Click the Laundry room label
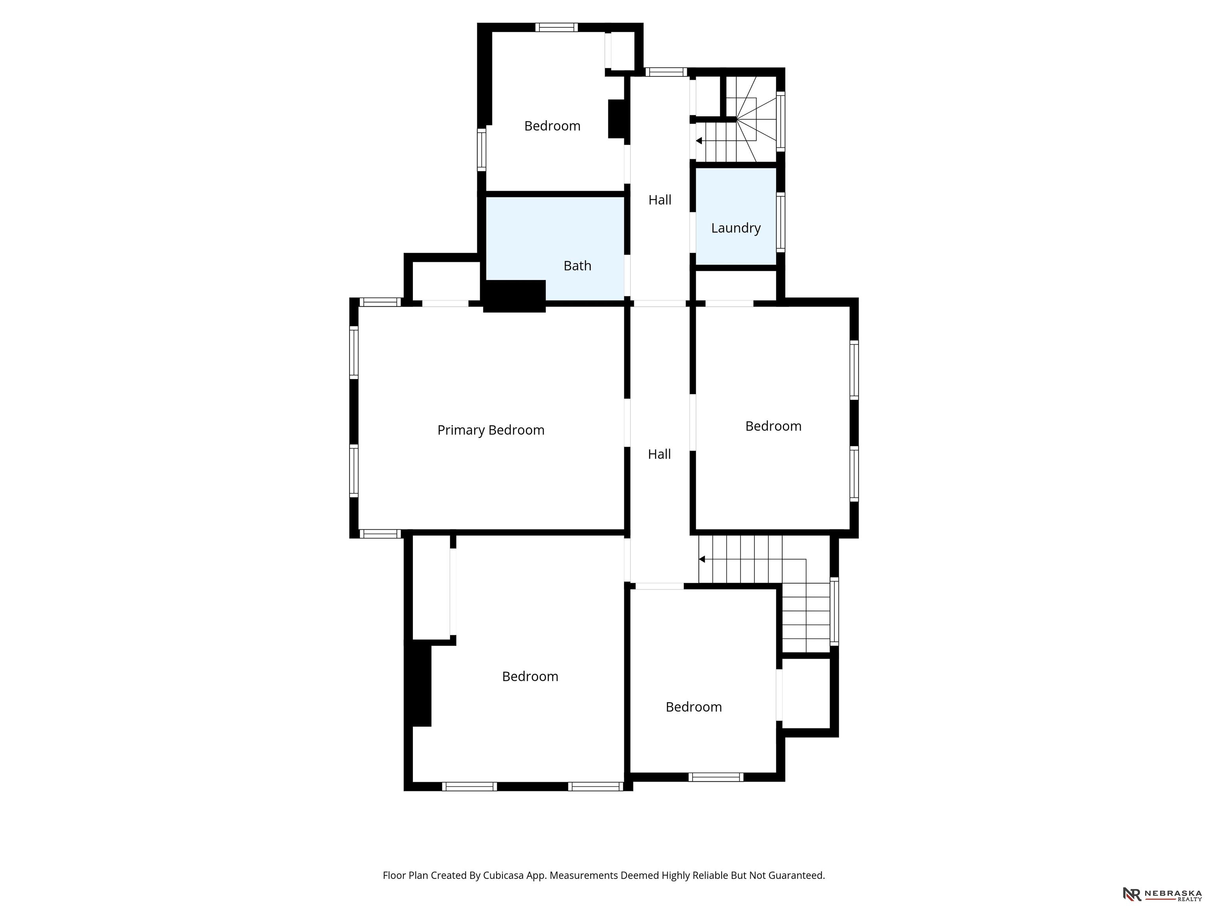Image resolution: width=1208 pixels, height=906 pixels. pos(736,228)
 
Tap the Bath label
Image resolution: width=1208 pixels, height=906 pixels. pos(577,266)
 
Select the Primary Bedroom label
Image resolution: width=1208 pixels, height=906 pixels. pos(491,430)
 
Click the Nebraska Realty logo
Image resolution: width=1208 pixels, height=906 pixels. pos(1162,894)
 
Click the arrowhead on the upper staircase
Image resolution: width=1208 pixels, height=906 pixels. pos(698,141)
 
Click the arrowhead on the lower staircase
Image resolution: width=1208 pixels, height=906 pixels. pos(702,559)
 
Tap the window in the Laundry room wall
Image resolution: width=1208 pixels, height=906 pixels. pos(781,222)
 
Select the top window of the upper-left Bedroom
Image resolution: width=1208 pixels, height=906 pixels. pos(556,27)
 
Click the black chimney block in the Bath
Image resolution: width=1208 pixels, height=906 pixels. pos(514,296)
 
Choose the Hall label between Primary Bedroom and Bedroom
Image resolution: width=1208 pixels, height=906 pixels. pos(659,454)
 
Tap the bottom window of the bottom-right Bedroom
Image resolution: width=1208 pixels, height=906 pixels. pos(716,777)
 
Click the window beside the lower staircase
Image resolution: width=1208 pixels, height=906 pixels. pos(834,611)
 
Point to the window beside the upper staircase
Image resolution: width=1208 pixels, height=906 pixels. pos(781,121)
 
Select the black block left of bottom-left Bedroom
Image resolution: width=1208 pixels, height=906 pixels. pos(418,685)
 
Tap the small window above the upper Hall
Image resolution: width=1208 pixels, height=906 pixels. pos(666,72)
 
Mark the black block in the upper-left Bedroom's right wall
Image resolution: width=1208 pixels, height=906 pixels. pos(617,118)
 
